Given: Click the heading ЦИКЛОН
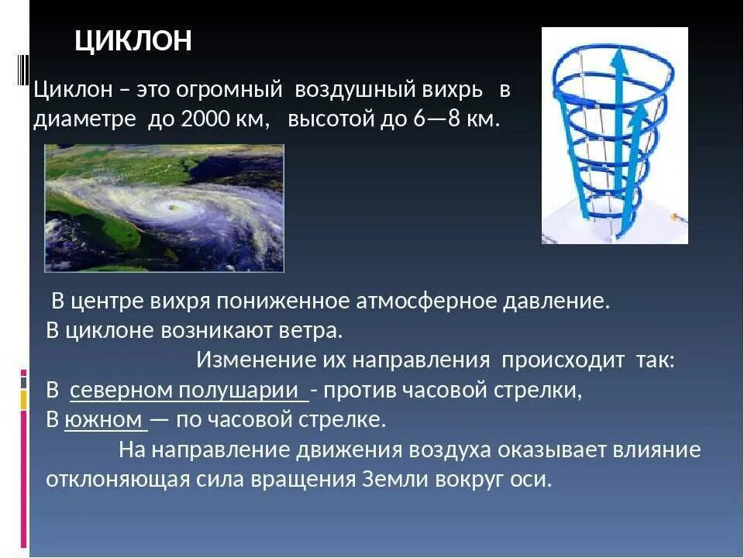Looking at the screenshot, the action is point(133,40).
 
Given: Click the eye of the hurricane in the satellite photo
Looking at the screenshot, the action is point(171,207).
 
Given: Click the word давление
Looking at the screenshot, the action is point(556,301).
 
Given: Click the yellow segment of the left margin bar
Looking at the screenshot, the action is point(24,400).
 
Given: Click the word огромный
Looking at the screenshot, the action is point(229,90).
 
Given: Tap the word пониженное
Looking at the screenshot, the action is point(282,301).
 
